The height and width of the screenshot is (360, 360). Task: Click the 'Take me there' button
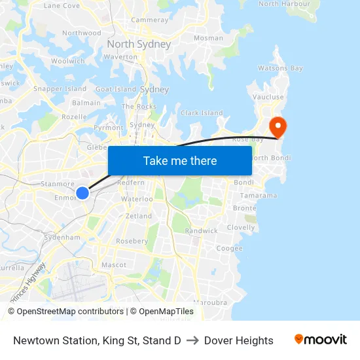[x=180, y=160]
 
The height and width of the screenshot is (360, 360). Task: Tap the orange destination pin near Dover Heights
[x=278, y=126]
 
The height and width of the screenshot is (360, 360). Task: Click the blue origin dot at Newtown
[x=82, y=192]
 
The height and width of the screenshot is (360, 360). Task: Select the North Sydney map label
[x=139, y=45]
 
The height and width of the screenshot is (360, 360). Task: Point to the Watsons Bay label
[x=280, y=68]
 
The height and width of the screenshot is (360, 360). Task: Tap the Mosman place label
[x=208, y=38]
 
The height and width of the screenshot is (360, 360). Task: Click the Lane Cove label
[x=62, y=5]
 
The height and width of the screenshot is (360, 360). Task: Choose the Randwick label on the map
[x=202, y=231]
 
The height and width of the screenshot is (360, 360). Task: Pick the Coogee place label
[x=229, y=248]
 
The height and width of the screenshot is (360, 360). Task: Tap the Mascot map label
[x=114, y=265]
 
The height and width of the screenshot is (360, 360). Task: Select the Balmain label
[x=86, y=103]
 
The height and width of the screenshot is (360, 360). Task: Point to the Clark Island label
[x=202, y=113]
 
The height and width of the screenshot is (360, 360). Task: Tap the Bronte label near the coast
[x=244, y=208]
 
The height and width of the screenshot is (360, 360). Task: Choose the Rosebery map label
[x=132, y=241]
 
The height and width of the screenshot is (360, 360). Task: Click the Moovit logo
[x=321, y=340]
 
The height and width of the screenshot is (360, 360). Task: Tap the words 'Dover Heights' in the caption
[x=238, y=340]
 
